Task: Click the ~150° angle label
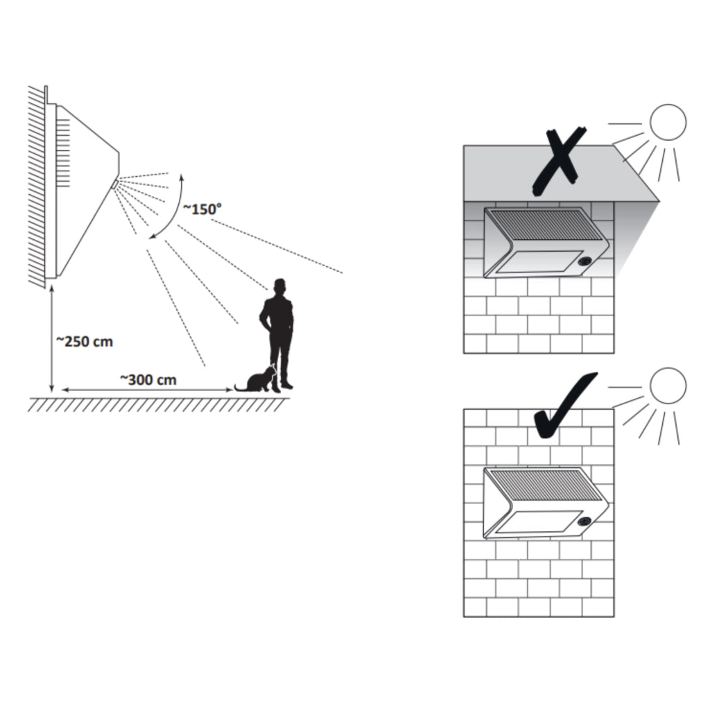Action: coord(202,209)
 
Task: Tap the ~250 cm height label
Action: coord(84,341)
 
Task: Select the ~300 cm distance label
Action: coord(148,379)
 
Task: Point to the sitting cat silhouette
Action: coord(257,379)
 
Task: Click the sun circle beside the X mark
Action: coord(668,123)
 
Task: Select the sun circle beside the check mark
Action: coord(668,386)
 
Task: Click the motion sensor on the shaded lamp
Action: coord(585,263)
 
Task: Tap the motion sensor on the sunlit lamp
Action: coord(585,522)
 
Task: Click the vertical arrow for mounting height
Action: coord(51,338)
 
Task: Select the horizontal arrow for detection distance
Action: coord(147,390)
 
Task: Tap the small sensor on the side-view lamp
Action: coord(115,183)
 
